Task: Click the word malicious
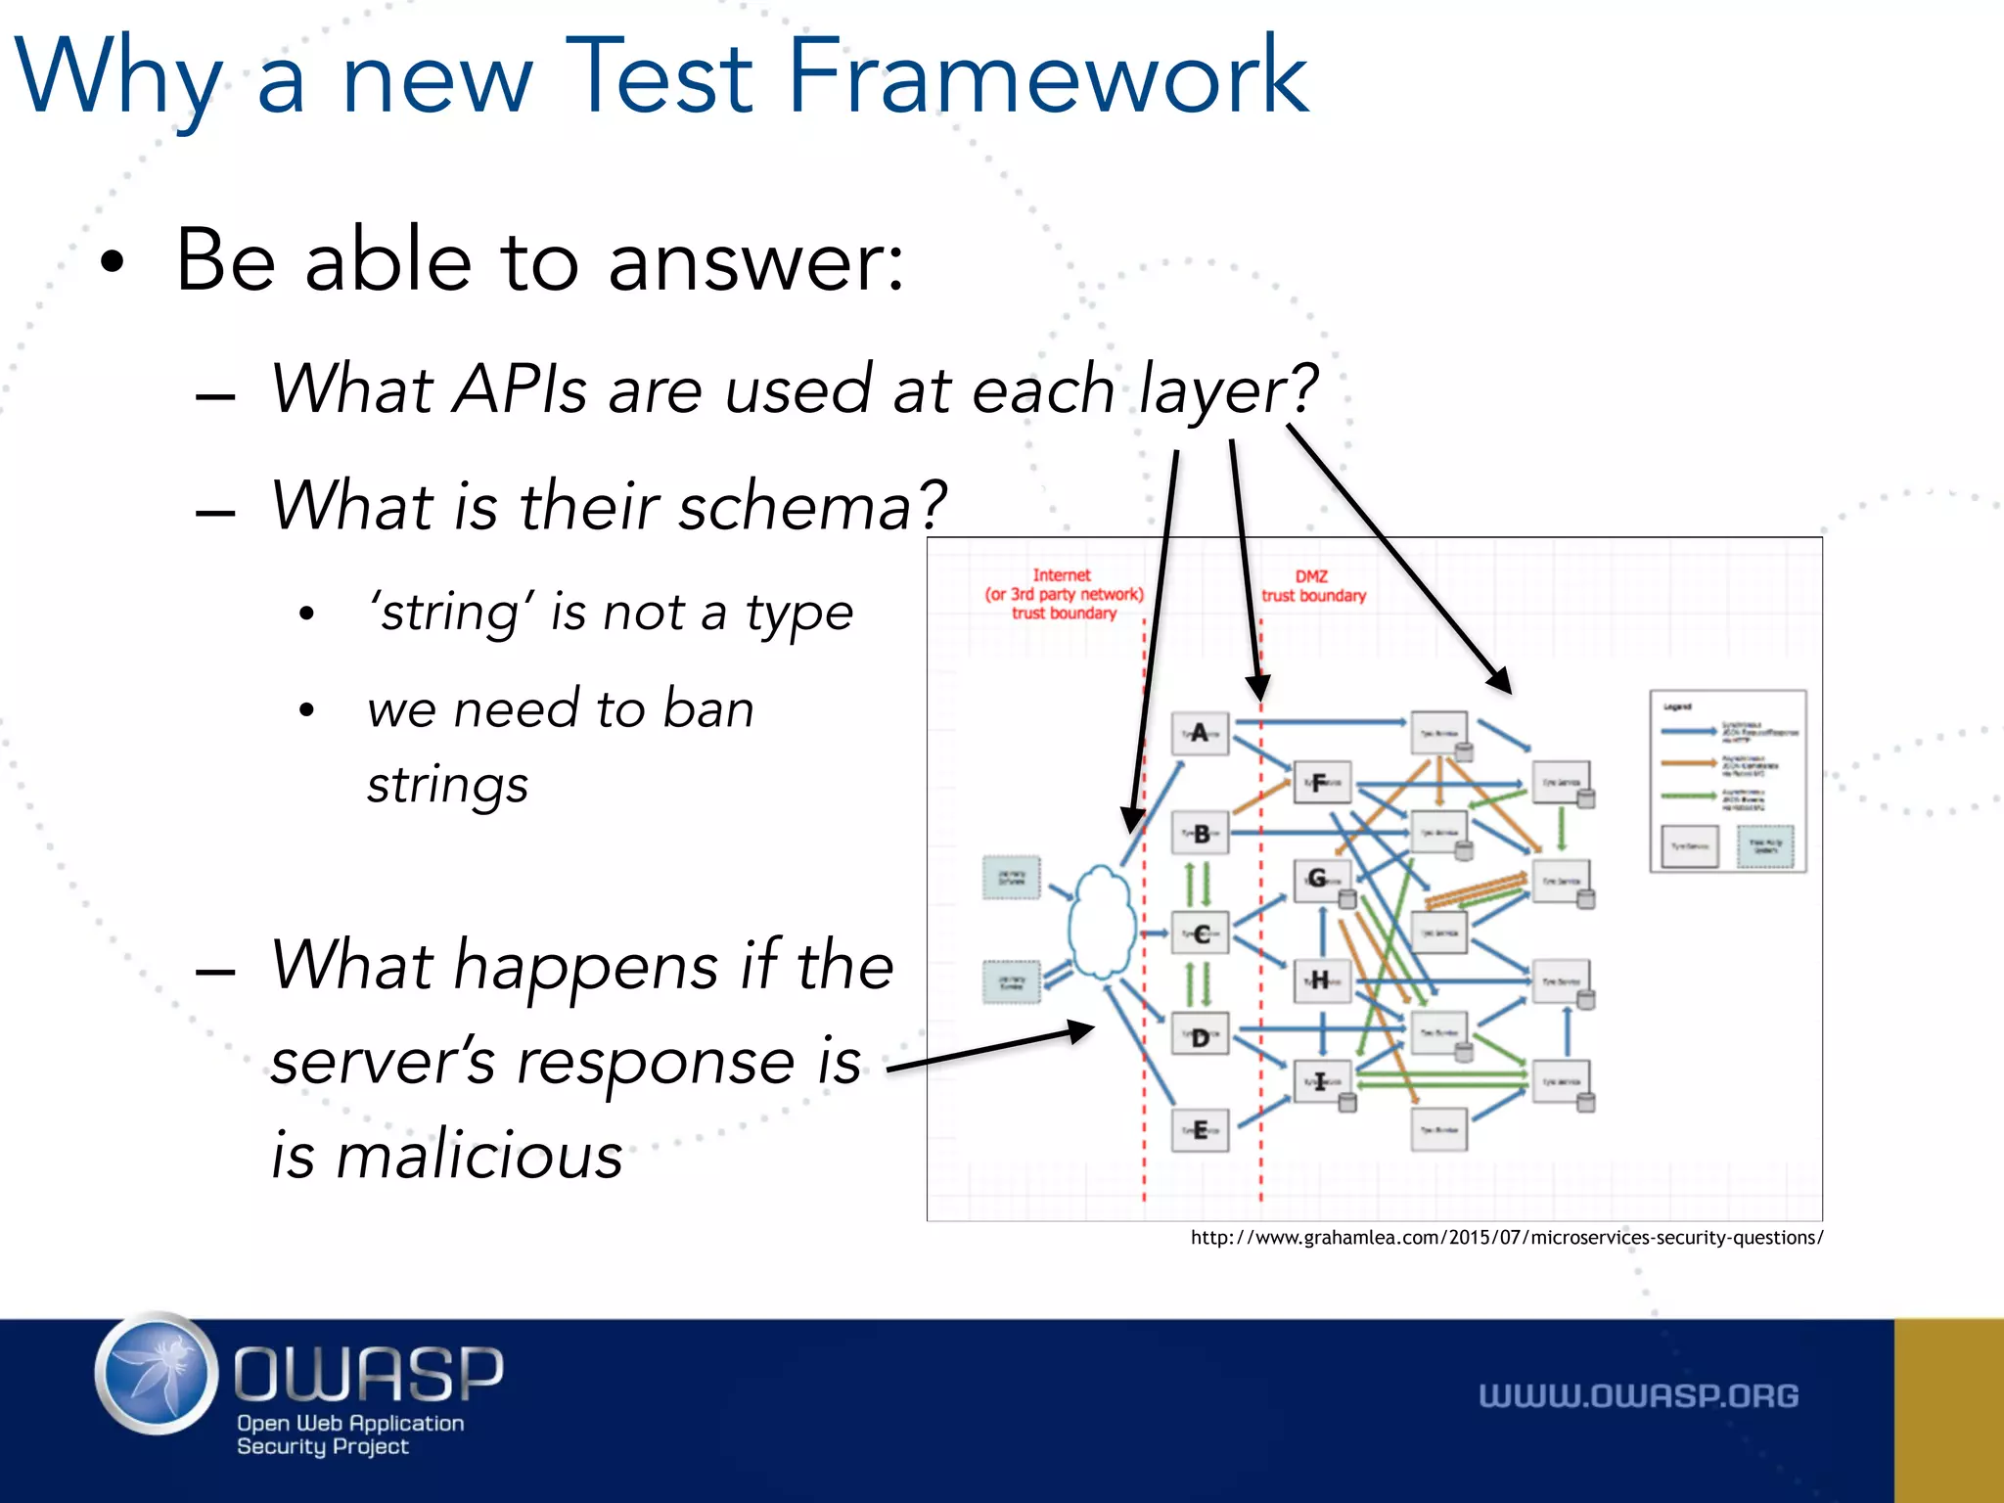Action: (x=479, y=1155)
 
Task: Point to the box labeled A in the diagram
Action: (x=1200, y=733)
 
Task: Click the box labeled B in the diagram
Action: (x=1201, y=834)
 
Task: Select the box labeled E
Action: (x=1200, y=1131)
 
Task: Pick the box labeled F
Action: (x=1321, y=783)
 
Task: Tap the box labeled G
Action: (x=1320, y=879)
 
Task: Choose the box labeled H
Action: (x=1321, y=979)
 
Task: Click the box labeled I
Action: (x=1321, y=1081)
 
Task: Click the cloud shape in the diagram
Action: (x=1102, y=923)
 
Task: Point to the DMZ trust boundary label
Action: (x=1313, y=586)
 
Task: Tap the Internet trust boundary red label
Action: (x=1064, y=594)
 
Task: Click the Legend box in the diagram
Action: (x=1727, y=781)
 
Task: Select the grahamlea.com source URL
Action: (x=1506, y=1238)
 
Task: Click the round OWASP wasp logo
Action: (x=157, y=1374)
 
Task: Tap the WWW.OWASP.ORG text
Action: (x=1638, y=1395)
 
